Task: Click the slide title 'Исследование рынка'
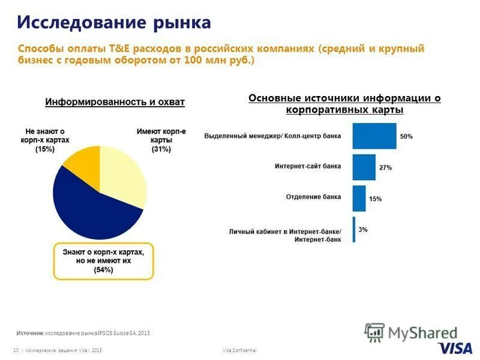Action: pyautogui.click(x=114, y=23)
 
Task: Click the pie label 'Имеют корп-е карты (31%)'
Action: pyautogui.click(x=161, y=140)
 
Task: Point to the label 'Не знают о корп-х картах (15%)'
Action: pyautogui.click(x=44, y=140)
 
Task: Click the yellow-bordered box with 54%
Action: pyautogui.click(x=103, y=262)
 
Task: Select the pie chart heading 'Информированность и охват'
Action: pyautogui.click(x=115, y=102)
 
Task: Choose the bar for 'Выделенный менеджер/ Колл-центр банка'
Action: pyautogui.click(x=374, y=136)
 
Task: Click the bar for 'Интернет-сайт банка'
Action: pyautogui.click(x=364, y=167)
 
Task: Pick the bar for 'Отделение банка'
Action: pyautogui.click(x=359, y=198)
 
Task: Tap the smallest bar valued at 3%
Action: pyautogui.click(x=354, y=229)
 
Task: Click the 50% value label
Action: pyautogui.click(x=406, y=137)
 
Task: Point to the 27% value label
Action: pyautogui.click(x=385, y=168)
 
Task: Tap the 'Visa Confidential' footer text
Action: pyautogui.click(x=239, y=350)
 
